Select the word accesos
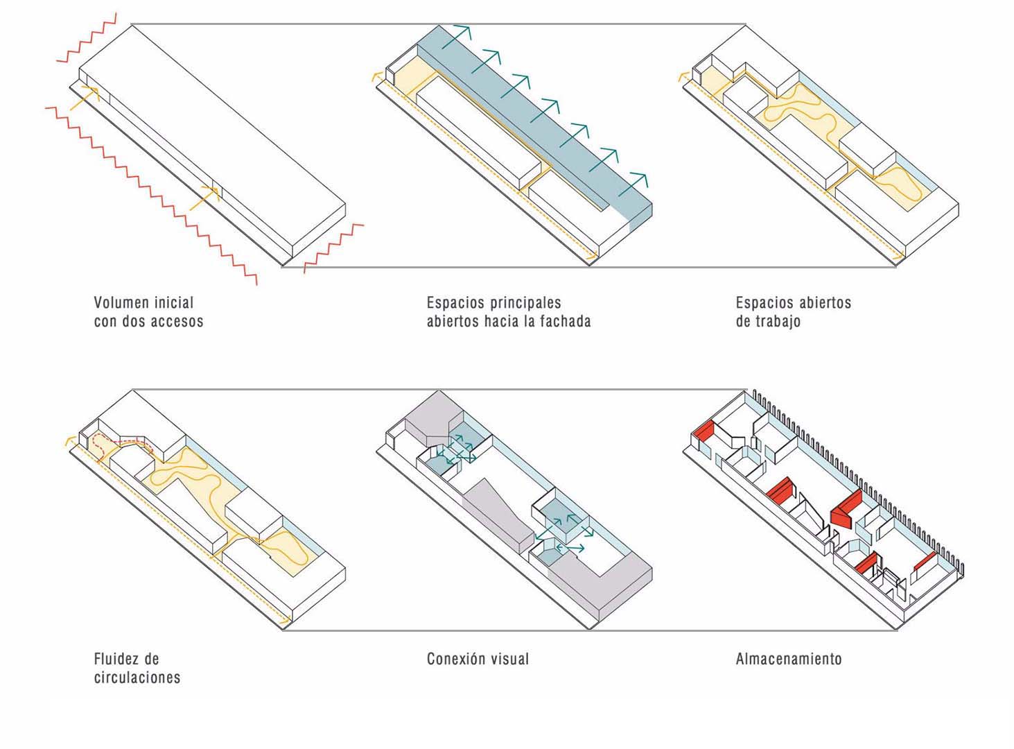tap(177, 322)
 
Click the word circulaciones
tap(137, 678)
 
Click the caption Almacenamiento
tap(788, 659)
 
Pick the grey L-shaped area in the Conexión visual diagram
tap(610, 583)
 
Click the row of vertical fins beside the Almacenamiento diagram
tap(859, 472)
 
